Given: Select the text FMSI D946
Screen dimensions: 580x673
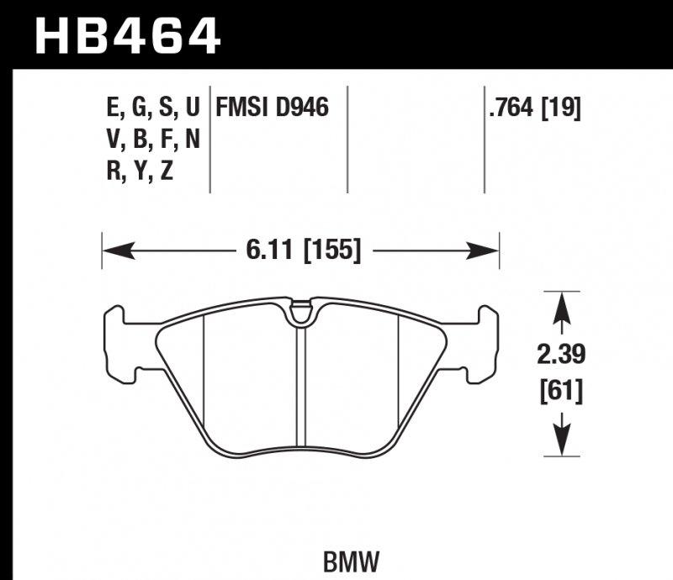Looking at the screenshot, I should [272, 108].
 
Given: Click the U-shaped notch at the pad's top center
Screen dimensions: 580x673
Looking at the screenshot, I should [299, 315].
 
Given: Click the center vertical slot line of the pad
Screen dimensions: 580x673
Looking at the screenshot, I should [300, 387].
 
